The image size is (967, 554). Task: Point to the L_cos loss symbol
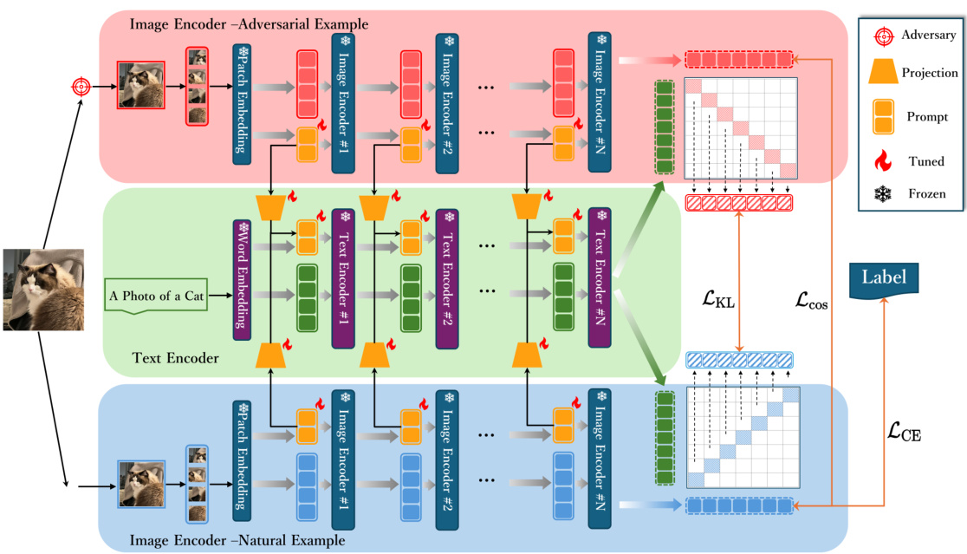point(814,301)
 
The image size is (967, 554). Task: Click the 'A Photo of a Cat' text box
point(157,297)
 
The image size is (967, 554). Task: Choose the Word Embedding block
point(241,278)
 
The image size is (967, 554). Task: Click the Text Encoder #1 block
point(342,278)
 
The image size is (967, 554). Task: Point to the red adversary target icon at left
point(81,87)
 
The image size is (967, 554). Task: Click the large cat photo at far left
point(43,290)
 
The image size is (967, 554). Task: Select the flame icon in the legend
point(883,161)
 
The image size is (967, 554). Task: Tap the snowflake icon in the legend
point(883,194)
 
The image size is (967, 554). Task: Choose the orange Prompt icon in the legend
point(883,116)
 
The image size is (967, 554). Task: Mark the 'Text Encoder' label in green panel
point(176,357)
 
